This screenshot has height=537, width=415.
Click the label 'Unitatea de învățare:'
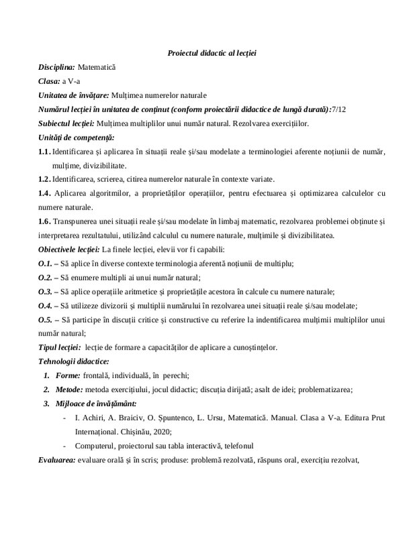point(73,95)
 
